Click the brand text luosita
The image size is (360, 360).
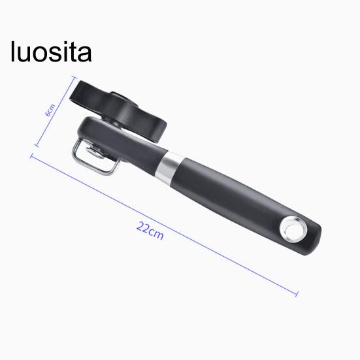tap(51, 52)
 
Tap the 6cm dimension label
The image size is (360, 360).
tap(50, 110)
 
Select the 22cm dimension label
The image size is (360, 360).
tap(150, 231)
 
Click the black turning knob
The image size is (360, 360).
tap(118, 111)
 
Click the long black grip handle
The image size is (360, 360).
tap(246, 205)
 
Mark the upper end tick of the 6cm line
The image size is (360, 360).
tap(74, 77)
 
